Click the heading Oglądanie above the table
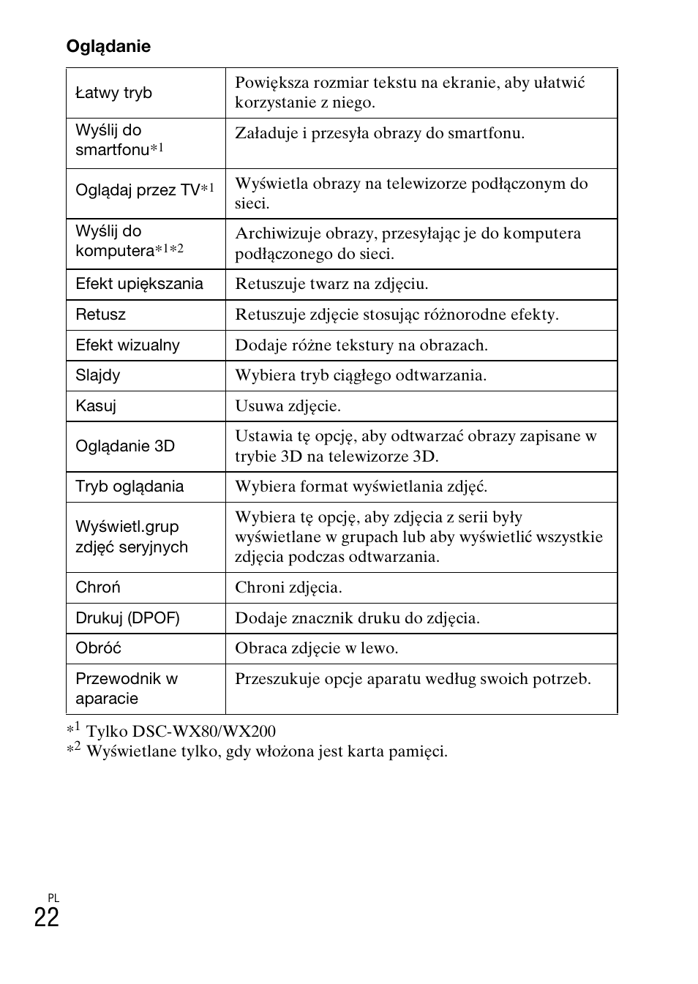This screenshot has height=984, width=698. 108,46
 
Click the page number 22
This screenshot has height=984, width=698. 46,917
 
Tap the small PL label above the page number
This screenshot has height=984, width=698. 53,898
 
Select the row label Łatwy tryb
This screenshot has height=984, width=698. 113,93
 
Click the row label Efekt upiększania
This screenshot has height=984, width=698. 139,284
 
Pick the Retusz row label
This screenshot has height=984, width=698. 100,315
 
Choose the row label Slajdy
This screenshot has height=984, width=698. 97,375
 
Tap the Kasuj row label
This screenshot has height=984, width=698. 96,406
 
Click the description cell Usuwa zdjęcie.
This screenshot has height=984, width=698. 288,406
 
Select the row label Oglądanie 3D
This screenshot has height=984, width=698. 125,446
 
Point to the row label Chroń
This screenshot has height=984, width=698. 98,587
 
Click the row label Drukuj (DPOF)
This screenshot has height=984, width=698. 127,618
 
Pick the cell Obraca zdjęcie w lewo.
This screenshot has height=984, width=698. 316,648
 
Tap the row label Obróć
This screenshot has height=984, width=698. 98,648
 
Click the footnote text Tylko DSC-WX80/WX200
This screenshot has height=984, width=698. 181,731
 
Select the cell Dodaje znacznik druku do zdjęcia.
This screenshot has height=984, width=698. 357,618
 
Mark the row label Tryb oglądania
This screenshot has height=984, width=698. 130,487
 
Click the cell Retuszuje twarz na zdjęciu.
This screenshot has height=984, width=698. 331,284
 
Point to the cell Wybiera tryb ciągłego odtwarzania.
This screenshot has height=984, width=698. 361,375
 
